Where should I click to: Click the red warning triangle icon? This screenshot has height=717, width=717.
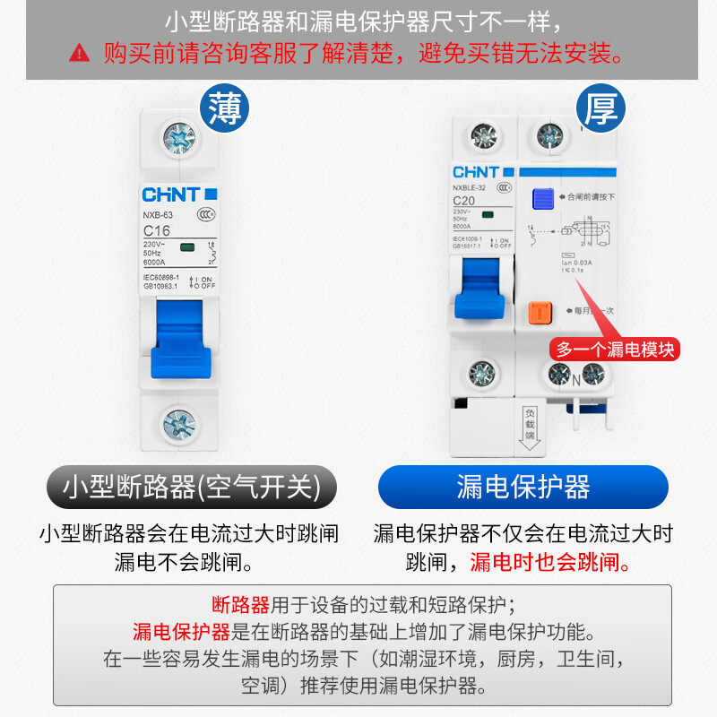point(80,54)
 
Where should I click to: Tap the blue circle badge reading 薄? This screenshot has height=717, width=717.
point(223,109)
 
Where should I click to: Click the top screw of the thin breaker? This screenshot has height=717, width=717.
point(177,139)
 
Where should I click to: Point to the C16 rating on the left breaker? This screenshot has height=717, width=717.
point(157,230)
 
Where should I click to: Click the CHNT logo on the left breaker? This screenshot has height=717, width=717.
point(170,194)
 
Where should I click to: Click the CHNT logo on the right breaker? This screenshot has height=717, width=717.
point(476,171)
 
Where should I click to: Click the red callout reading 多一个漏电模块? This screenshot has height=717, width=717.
point(614,349)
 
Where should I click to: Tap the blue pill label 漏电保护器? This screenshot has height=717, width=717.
point(523,487)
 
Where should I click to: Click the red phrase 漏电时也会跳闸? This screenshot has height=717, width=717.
point(549,562)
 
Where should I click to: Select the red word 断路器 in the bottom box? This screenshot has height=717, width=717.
point(240,604)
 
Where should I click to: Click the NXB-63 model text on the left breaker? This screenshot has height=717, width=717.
point(158,214)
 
